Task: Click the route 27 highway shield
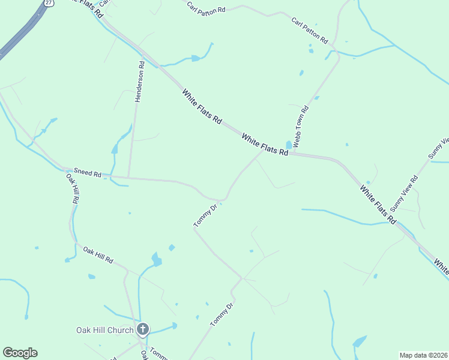(x=47, y=2)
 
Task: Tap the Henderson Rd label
(x=139, y=82)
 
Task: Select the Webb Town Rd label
(x=301, y=127)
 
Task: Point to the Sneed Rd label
(x=88, y=173)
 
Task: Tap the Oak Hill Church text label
(x=105, y=329)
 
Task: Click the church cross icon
(x=143, y=329)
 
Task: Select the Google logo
(x=20, y=353)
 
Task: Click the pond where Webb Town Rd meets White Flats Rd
(x=289, y=145)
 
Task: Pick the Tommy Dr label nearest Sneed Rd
(x=205, y=217)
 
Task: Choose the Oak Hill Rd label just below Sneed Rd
(x=72, y=191)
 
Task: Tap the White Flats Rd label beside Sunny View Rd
(x=378, y=205)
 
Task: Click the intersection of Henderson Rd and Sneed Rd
(x=128, y=178)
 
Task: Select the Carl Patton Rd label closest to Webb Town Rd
(x=310, y=31)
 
